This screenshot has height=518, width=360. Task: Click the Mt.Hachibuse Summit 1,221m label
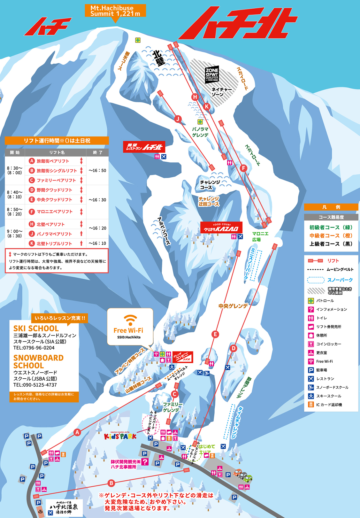point(115,11)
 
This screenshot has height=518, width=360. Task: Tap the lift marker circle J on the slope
point(178,119)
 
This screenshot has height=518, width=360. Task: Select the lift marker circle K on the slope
point(207,106)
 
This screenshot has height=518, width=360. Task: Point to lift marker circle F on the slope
point(243,168)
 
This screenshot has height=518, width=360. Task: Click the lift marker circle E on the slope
point(215,334)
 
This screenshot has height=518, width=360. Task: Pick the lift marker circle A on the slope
point(77,432)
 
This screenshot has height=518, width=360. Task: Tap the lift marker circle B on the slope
point(111,483)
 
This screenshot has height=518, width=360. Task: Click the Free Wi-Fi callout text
point(128,330)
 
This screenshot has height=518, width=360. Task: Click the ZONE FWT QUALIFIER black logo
point(212,75)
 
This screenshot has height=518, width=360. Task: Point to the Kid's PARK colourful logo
point(120,436)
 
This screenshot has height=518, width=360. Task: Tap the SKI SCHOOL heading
point(36,329)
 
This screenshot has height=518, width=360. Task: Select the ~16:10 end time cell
point(97,243)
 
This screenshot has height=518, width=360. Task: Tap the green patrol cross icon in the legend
point(311,301)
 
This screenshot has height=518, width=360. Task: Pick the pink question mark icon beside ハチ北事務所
point(145,462)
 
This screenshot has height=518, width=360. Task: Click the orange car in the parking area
point(237,472)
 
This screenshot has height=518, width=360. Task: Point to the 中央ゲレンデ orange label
point(233,306)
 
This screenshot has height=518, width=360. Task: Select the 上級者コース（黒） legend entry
point(331,244)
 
